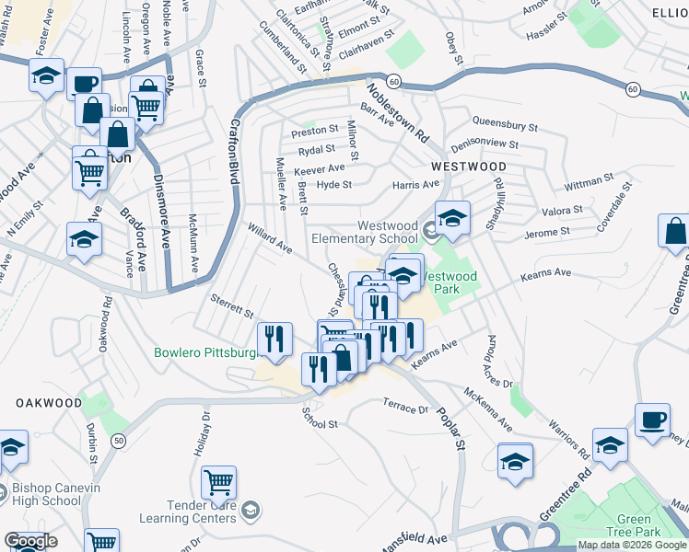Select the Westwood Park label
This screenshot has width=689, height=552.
[x=450, y=282]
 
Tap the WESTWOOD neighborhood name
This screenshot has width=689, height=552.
[x=469, y=167]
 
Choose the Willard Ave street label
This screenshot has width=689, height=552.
[x=269, y=237]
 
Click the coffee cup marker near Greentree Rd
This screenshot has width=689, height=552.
[x=652, y=420]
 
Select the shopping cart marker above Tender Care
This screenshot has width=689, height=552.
[x=218, y=480]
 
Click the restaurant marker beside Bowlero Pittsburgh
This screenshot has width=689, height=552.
[x=274, y=339]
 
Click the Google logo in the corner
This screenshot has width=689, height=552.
[x=30, y=542]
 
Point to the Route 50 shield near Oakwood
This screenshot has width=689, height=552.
[x=119, y=442]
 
